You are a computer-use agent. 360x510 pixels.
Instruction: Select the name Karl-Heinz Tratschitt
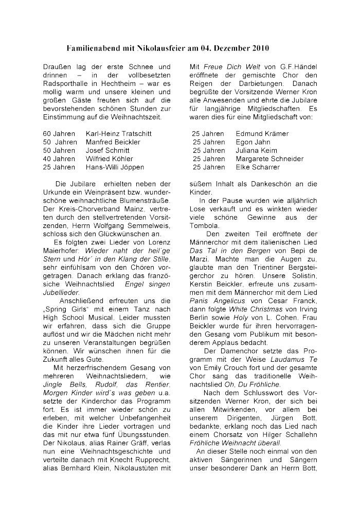[x=115, y=133]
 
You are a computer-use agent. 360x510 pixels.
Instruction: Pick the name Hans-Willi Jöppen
[x=115, y=167]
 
